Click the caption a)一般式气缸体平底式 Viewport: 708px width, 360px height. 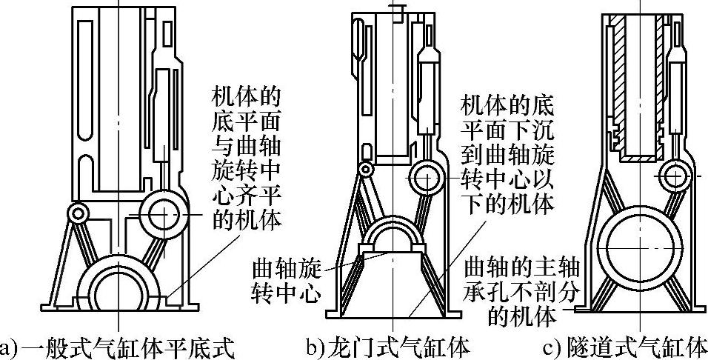tap(118, 347)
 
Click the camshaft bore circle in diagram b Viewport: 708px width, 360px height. tap(430, 178)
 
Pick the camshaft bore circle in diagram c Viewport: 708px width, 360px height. tap(676, 178)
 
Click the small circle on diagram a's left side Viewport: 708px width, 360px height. tap(77, 213)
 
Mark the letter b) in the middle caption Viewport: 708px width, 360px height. tap(314, 347)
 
